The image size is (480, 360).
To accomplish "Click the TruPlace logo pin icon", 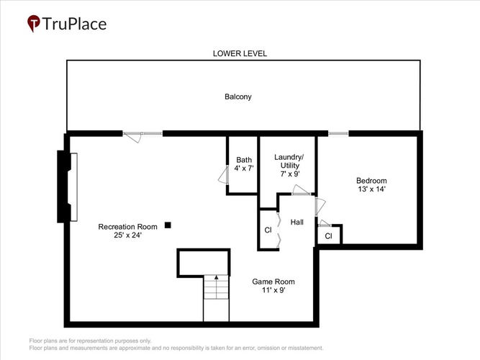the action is coord(34,24).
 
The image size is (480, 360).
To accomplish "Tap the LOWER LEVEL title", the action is coord(240,53).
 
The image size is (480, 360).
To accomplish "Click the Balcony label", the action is coord(238,96).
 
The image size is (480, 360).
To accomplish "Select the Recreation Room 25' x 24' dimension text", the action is coord(127,235).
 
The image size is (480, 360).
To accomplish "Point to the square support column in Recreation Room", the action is coord(168,225).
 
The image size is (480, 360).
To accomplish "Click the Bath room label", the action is coord(244,160).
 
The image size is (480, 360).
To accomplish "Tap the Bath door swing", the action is coord(224,175).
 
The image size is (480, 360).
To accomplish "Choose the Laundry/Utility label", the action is coord(289,161).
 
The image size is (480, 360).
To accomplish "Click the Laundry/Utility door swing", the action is coord(302,189).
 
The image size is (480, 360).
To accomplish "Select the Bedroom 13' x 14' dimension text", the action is coord(371,189).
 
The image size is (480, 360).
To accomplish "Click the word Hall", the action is coord(297,222).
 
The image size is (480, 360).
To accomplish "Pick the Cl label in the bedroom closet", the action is coord(328,236).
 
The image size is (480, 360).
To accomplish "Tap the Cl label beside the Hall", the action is coord(268,230).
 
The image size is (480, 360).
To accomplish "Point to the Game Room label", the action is coord(273,282).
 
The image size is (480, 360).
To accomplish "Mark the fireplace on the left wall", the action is coord(67,187).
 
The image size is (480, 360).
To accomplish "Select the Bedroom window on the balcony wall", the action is coord(338,133).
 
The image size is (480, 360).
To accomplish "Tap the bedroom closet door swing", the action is coord(325,223).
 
